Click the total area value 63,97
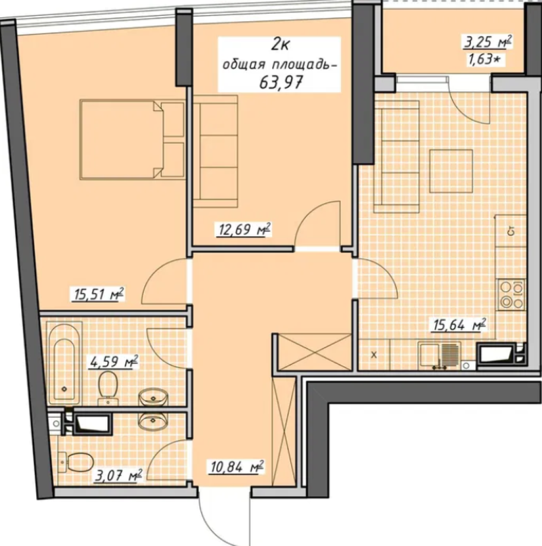pyautogui.click(x=281, y=82)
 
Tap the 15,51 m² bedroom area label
pyautogui.click(x=99, y=294)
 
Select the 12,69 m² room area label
pyautogui.click(x=244, y=230)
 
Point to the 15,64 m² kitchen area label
pyautogui.click(x=459, y=325)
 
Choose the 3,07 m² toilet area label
pyautogui.click(x=119, y=475)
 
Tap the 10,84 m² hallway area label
pyautogui.click(x=236, y=466)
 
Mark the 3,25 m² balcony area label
pyautogui.click(x=488, y=42)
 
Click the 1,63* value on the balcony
pyautogui.click(x=485, y=59)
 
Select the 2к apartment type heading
pyautogui.click(x=280, y=45)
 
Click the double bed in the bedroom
pyautogui.click(x=132, y=140)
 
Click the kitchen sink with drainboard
pyautogui.click(x=439, y=355)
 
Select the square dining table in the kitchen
pyautogui.click(x=451, y=171)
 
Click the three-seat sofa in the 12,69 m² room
pyautogui.click(x=215, y=152)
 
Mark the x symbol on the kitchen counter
pyautogui.click(x=374, y=355)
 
